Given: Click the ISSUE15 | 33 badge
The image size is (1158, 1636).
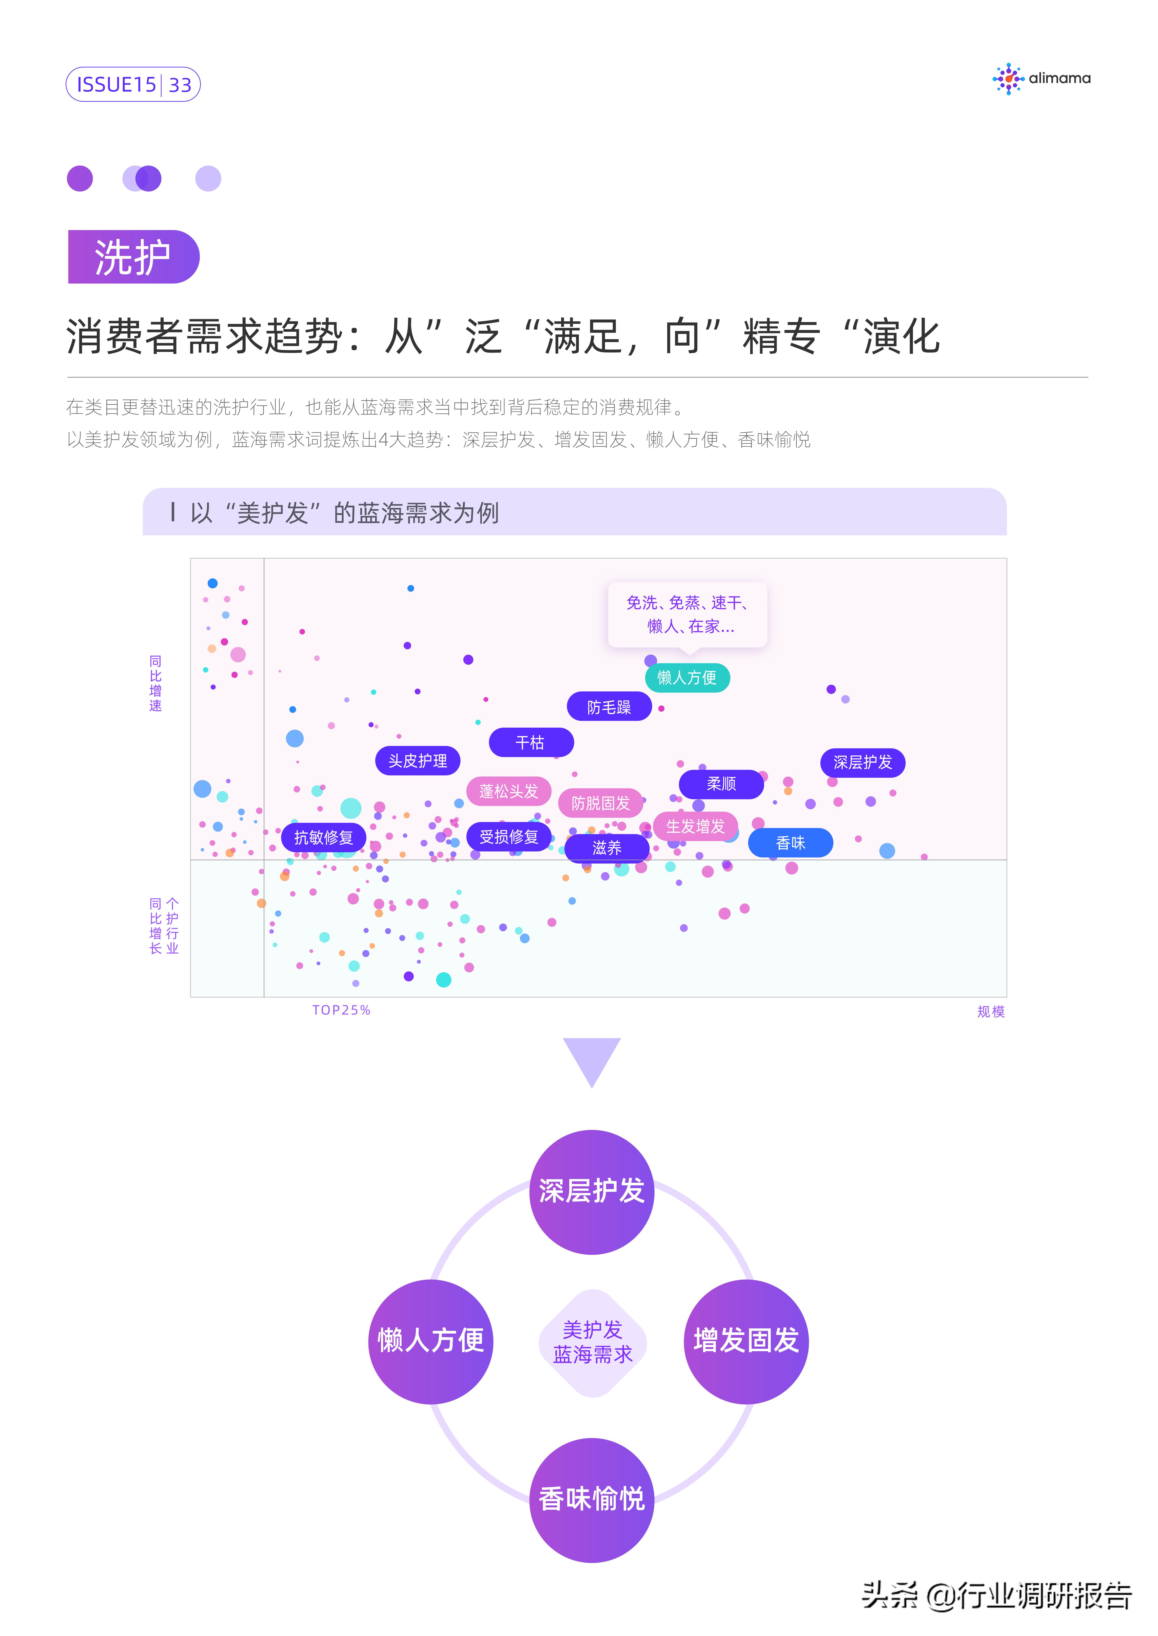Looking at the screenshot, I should [133, 85].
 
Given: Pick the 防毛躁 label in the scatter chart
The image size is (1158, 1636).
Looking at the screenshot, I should [609, 707].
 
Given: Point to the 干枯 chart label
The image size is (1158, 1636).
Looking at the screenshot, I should [531, 743].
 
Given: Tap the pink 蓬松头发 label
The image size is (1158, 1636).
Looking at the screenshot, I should [508, 791].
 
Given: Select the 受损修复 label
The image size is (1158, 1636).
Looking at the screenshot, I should [508, 837].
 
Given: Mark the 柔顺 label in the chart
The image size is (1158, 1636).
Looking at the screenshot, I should [721, 784].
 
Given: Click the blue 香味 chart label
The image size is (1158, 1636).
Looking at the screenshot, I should [790, 843].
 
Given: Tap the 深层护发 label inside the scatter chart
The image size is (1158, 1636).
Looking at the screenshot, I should [863, 763].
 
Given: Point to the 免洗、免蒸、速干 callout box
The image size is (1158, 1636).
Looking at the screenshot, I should [688, 614].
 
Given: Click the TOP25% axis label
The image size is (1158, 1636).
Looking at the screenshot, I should [342, 1010].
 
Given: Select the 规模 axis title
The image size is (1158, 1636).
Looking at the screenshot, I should [990, 1011].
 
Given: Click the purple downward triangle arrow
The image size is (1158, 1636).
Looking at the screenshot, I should [592, 1060].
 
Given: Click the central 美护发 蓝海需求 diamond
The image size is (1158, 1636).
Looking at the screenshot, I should [593, 1342].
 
